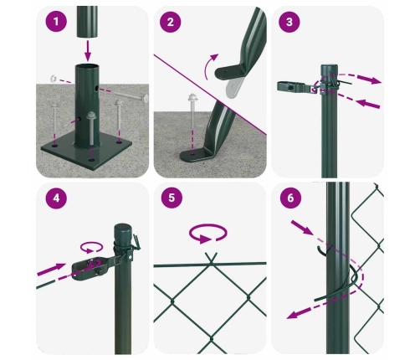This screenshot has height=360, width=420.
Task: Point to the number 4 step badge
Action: click(x=55, y=200)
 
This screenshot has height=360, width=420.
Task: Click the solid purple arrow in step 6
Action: click(x=303, y=227)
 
